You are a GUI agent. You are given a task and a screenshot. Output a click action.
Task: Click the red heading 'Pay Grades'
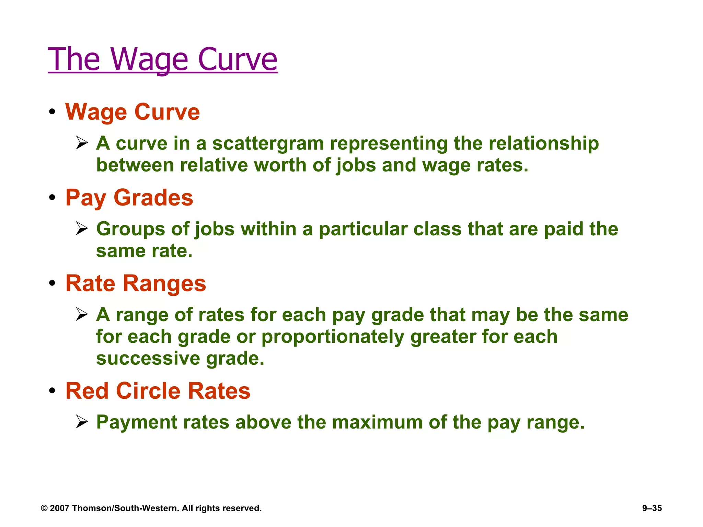pos(129,198)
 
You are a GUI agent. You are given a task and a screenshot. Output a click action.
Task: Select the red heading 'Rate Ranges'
pos(136,283)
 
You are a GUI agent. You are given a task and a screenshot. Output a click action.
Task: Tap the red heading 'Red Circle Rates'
pos(158,391)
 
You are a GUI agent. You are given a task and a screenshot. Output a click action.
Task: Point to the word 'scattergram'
pos(268,143)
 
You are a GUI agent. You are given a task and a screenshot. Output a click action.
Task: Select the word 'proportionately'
pos(333,337)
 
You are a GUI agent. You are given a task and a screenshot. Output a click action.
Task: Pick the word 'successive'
pos(148,358)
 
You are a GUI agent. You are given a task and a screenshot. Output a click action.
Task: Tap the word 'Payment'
pos(137,422)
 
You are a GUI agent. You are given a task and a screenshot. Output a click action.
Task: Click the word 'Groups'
pos(130,229)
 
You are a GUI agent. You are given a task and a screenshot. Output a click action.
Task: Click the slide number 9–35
pos(652,508)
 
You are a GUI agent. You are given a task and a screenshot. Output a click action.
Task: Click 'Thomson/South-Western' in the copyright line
pos(126,508)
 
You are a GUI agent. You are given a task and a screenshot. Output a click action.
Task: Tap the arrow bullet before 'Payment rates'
pos(82,422)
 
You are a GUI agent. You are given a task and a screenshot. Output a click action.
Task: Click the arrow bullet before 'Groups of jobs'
pos(82,229)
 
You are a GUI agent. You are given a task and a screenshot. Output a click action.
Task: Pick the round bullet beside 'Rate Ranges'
pos(52,284)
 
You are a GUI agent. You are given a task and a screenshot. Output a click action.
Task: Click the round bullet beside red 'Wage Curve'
pos(52,112)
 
